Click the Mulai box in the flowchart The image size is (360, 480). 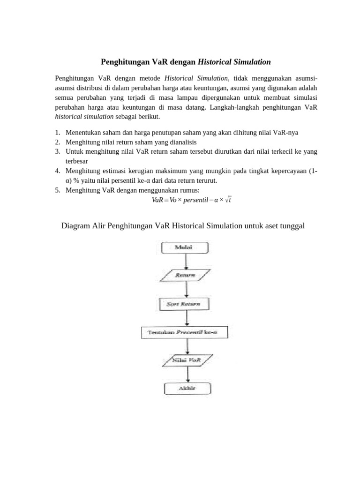coord(187,247)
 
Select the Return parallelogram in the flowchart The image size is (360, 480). coord(186,276)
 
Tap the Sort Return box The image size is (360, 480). coord(187,304)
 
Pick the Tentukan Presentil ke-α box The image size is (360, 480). coord(187,332)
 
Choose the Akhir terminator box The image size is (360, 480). coord(187,389)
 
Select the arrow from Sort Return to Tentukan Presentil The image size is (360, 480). coord(187,318)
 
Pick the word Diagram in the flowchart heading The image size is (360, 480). coord(76,226)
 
